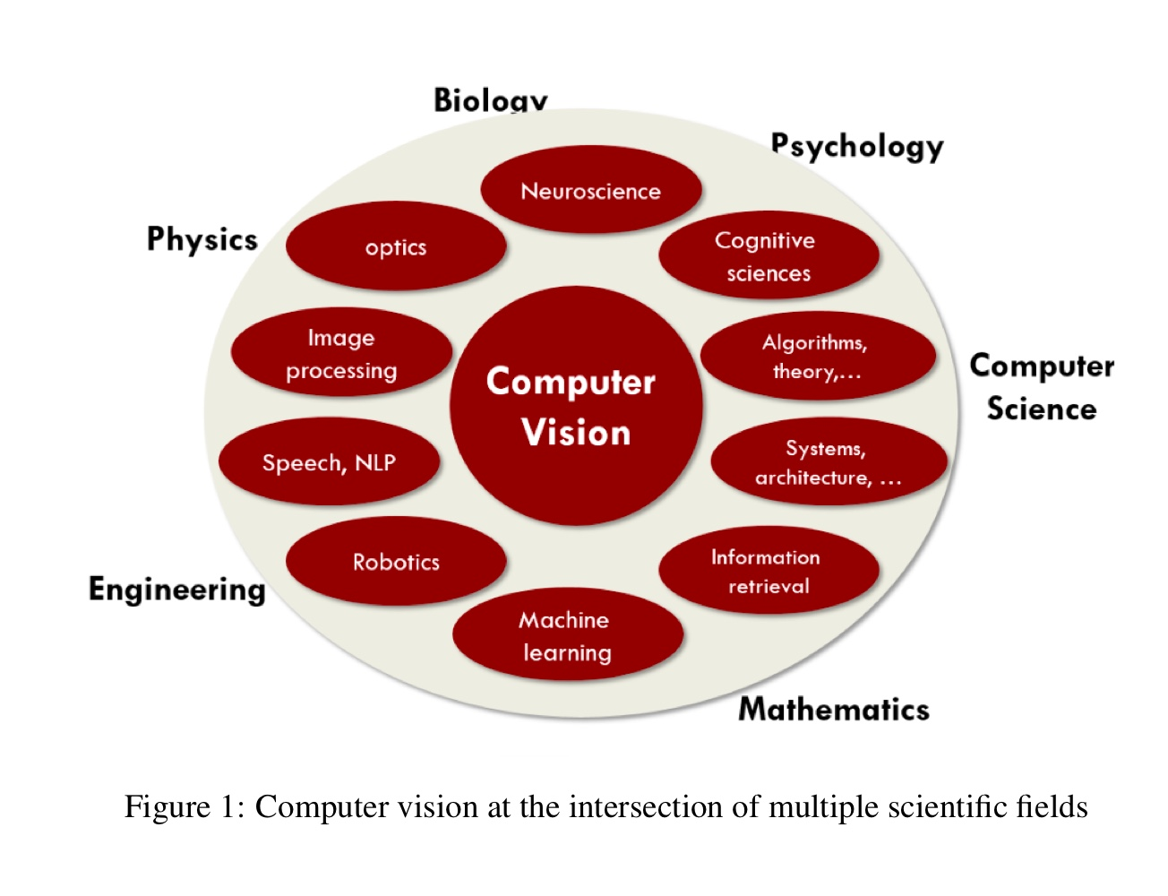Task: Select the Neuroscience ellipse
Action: click(591, 191)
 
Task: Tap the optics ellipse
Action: click(396, 247)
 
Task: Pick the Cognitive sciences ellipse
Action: click(769, 256)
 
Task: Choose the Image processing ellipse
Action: click(341, 354)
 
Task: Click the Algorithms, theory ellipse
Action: click(817, 357)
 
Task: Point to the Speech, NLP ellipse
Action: click(329, 462)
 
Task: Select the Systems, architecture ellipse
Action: click(828, 462)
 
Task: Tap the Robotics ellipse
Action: click(396, 562)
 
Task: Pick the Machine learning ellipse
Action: click(567, 635)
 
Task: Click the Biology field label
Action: click(490, 99)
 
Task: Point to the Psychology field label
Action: click(857, 146)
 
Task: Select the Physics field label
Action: click(202, 240)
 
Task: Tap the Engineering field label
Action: click(177, 590)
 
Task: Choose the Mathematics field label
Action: click(834, 709)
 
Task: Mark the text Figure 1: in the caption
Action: click(184, 806)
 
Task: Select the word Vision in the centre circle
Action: click(576, 433)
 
